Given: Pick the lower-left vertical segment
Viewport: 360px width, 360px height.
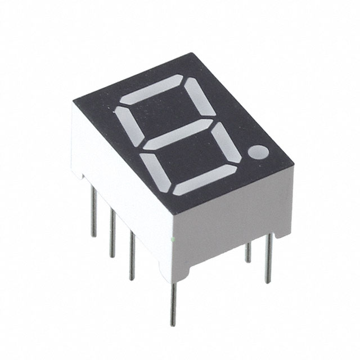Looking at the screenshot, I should (x=155, y=170).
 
